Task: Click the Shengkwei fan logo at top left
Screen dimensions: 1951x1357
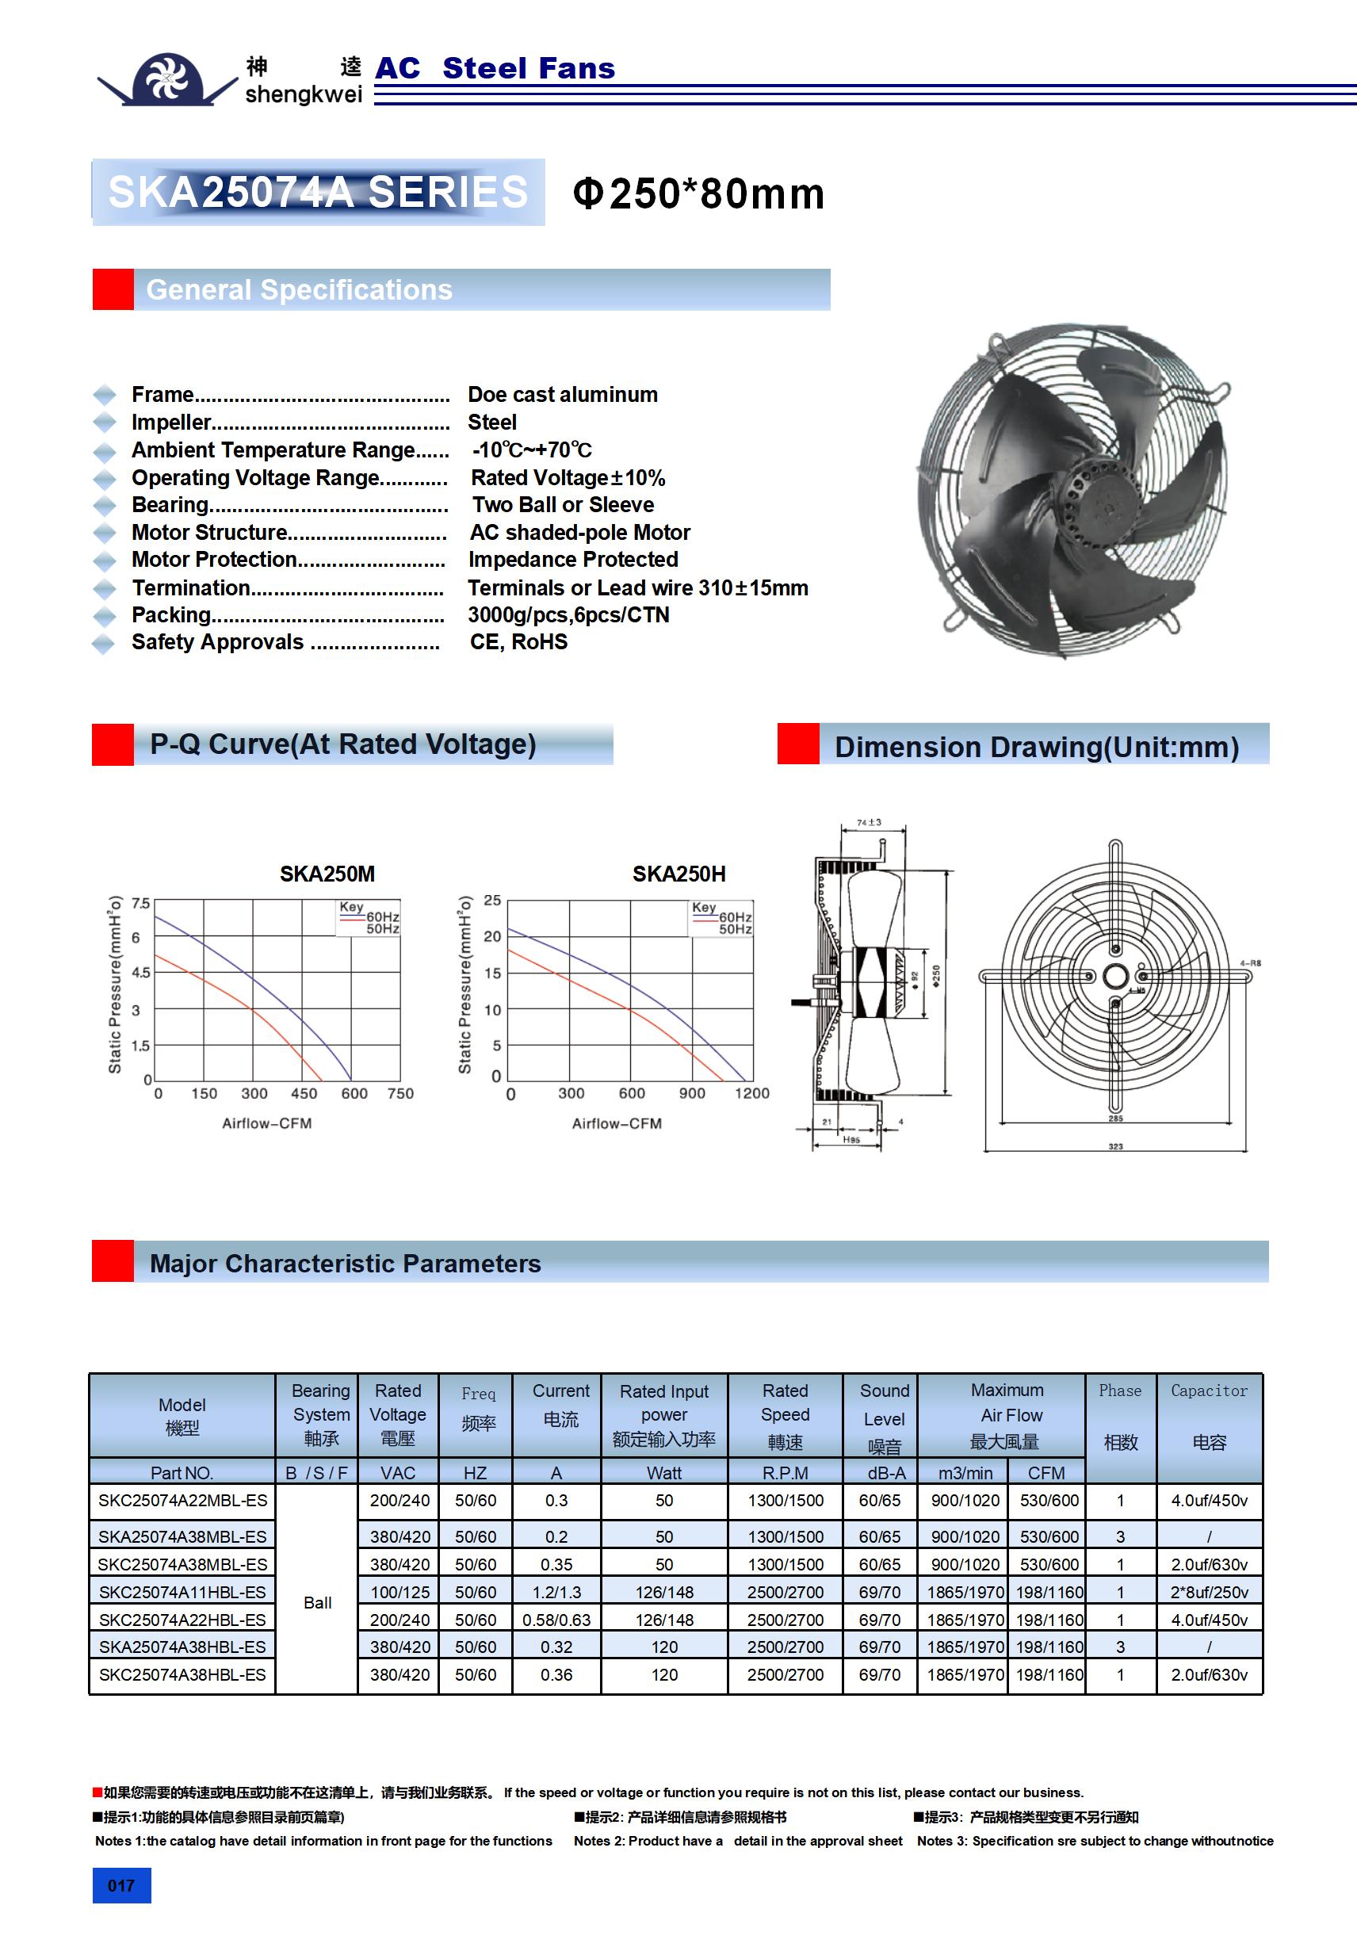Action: (167, 79)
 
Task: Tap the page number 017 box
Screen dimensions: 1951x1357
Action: (121, 1885)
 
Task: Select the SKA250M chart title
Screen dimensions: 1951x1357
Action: (327, 874)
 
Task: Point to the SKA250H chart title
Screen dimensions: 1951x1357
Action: (679, 874)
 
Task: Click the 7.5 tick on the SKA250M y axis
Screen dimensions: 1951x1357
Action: (140, 903)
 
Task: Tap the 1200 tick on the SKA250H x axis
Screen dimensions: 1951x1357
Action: (751, 1093)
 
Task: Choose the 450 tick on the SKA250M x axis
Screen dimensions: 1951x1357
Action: (304, 1093)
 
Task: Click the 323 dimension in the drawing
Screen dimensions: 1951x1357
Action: (1114, 1146)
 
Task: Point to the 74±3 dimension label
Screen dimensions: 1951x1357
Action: (869, 823)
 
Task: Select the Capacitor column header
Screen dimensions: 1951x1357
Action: (1208, 1416)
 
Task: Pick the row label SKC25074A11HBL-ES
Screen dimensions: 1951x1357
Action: (182, 1592)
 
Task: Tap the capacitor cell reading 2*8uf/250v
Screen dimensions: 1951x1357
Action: (1208, 1592)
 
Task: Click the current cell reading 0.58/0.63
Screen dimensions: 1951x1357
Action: (556, 1620)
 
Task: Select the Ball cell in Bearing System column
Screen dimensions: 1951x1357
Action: (317, 1603)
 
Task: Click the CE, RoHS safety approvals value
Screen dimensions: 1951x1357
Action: (518, 642)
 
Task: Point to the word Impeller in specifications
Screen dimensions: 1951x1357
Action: (170, 423)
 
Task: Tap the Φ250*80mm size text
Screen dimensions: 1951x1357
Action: (698, 193)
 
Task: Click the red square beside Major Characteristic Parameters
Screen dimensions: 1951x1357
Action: (113, 1261)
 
